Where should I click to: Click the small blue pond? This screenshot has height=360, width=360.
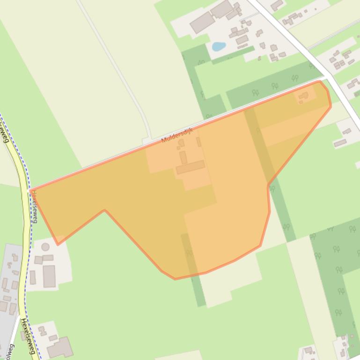(x=218, y=46)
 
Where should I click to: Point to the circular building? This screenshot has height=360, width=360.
(x=45, y=247)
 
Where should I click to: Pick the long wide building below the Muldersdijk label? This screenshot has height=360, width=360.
(x=191, y=167)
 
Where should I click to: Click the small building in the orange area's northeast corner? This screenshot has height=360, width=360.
(x=303, y=97)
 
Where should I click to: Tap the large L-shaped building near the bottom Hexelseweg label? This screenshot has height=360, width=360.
(x=60, y=347)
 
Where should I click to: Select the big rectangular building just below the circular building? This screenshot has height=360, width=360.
(x=49, y=276)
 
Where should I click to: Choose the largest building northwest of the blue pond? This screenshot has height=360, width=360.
(x=202, y=22)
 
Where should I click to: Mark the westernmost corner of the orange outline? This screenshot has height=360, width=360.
(x=31, y=190)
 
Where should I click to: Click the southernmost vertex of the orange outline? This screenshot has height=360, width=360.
(x=175, y=279)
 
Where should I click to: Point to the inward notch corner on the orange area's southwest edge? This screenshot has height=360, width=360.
(x=104, y=210)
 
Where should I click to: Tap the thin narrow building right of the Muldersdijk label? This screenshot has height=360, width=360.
(x=198, y=142)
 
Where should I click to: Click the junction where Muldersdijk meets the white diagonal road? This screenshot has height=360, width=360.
(x=327, y=78)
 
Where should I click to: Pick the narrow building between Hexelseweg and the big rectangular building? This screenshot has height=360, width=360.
(x=33, y=278)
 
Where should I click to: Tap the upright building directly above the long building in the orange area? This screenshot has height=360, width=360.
(x=183, y=157)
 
